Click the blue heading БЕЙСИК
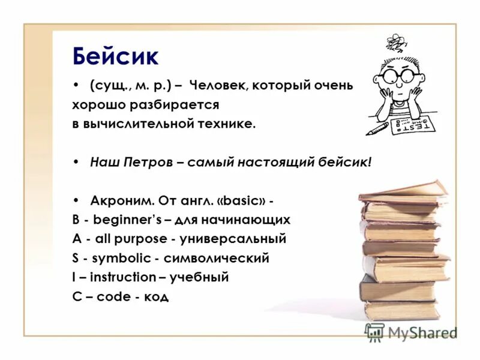coord(115,57)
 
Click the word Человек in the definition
coord(220,86)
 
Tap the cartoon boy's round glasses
coord(397,77)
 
